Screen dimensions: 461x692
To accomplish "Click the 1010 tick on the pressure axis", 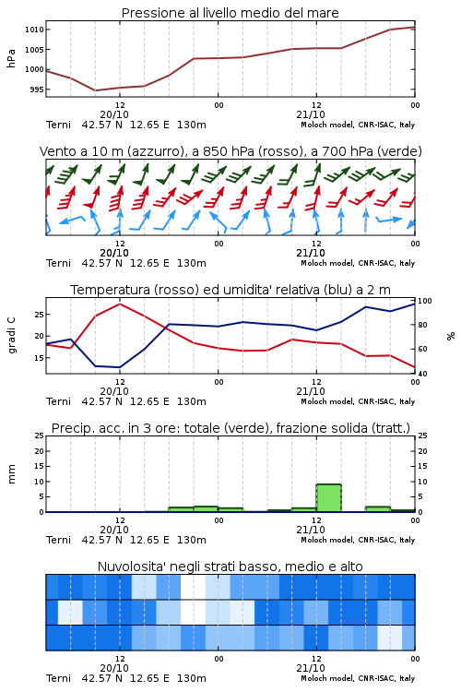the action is point(34,30).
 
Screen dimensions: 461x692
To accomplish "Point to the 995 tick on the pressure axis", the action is point(36,89).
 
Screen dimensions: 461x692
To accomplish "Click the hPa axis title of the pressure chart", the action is point(11,58).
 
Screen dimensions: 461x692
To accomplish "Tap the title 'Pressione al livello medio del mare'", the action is point(230,13).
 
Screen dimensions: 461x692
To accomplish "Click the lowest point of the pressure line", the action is point(95,90).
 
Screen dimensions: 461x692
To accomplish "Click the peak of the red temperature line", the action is point(120,304).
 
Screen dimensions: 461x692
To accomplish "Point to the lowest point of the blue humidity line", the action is point(120,367).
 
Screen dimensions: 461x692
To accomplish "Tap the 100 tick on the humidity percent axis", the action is point(425,301).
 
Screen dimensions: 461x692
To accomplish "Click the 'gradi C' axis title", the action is point(11,336).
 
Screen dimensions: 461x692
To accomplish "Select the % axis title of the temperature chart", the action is point(451,336).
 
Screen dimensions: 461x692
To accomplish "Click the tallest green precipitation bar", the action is point(328,498).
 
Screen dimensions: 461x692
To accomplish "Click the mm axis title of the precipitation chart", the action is point(11,474).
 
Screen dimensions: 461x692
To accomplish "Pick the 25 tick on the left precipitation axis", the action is point(40,436).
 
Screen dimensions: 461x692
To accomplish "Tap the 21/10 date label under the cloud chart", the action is point(311,668).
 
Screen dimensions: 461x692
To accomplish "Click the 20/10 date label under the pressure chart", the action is point(114,114).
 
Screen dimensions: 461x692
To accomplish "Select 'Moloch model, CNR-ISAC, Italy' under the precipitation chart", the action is point(358,540).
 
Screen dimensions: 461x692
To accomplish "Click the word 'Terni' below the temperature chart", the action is point(58,401).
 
